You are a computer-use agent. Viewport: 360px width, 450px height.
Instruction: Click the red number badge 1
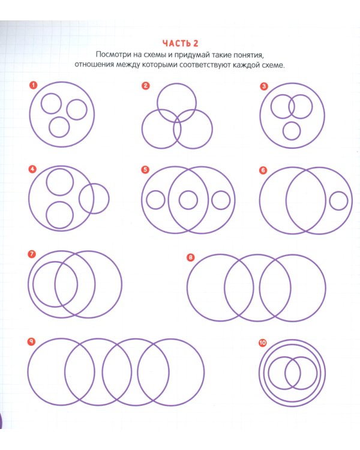pos(34,85)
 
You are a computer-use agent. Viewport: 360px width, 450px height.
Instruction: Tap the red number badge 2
pos(146,86)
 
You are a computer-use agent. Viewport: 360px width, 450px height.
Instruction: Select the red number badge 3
pos(263,86)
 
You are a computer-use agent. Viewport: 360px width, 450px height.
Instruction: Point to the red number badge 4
pos(32,169)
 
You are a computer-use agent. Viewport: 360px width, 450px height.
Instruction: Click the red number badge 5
pos(145,170)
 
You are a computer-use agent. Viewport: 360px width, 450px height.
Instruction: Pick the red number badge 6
pos(263,170)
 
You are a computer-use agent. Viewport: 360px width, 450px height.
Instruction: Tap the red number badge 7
pos(32,254)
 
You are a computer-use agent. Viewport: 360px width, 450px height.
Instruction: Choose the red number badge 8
pos(190,257)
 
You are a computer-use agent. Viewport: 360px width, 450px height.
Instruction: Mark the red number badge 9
pos(31,341)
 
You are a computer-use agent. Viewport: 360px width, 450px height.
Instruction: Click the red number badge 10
pos(262,343)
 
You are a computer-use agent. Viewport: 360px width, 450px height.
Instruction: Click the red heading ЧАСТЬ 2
pos(180,43)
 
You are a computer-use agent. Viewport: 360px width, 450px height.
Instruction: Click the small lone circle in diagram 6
pos(338,192)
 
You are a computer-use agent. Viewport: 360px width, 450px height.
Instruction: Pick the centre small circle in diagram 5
pos(188,191)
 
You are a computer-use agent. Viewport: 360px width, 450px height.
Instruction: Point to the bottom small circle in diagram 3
pos(292,122)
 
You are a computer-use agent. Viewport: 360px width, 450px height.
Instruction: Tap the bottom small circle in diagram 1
pos(59,118)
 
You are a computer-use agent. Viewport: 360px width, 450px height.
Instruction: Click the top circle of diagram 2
pos(177,84)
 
